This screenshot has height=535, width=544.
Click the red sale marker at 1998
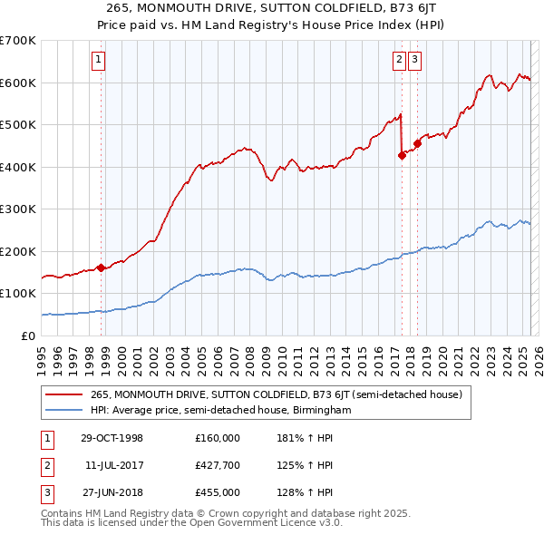(x=101, y=267)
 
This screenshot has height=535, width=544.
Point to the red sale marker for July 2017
(x=402, y=155)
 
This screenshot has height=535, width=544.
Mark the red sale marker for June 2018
(x=417, y=143)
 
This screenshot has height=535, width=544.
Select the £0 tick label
(x=27, y=336)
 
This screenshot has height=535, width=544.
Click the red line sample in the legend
(x=64, y=394)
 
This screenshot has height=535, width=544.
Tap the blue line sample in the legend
(x=64, y=410)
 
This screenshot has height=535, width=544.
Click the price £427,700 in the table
(x=218, y=465)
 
